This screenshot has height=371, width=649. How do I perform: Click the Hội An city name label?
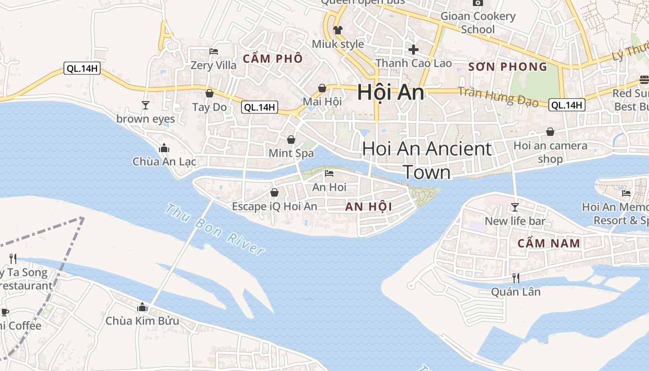[x=390, y=93]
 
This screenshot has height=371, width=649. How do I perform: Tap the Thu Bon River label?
[x=215, y=230]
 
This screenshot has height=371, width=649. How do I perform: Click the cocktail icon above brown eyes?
[x=146, y=105]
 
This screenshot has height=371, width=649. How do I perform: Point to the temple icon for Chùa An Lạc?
[x=164, y=148]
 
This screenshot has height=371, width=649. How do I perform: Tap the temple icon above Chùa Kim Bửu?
[x=142, y=307]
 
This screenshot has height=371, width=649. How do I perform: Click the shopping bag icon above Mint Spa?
[x=291, y=140]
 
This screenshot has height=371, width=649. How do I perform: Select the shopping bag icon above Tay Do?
[x=210, y=94]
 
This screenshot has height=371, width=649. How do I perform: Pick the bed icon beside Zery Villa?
[x=214, y=51]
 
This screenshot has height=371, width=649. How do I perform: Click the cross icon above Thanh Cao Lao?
[x=414, y=49]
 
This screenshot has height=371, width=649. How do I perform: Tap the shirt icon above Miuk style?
[x=338, y=30]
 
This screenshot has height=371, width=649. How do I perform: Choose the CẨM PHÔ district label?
[x=273, y=58]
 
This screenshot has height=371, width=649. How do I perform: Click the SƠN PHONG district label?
[x=508, y=67]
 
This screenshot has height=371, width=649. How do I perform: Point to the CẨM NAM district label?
[x=548, y=243]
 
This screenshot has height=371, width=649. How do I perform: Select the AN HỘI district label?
[x=369, y=207]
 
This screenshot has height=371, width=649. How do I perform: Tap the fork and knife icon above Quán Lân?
[x=515, y=278]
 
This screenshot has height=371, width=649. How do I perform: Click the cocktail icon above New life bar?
[x=515, y=207]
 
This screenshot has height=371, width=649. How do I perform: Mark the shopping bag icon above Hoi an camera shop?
[x=550, y=132]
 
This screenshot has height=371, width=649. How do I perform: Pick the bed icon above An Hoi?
[x=329, y=173]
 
